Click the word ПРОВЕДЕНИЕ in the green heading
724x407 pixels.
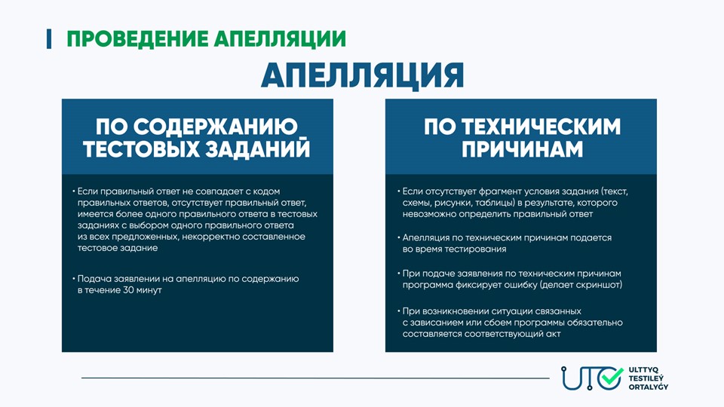(137, 38)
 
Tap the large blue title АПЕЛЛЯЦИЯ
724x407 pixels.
(363, 75)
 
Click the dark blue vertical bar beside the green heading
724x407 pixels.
(49, 38)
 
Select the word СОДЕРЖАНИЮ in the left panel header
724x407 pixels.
(216, 127)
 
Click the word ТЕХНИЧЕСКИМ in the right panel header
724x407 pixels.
(541, 127)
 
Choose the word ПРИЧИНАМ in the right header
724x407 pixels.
(522, 149)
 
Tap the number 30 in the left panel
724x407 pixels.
(128, 290)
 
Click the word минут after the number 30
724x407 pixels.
(149, 290)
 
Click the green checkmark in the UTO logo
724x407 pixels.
(612, 377)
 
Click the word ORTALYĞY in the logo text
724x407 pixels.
(649, 387)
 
